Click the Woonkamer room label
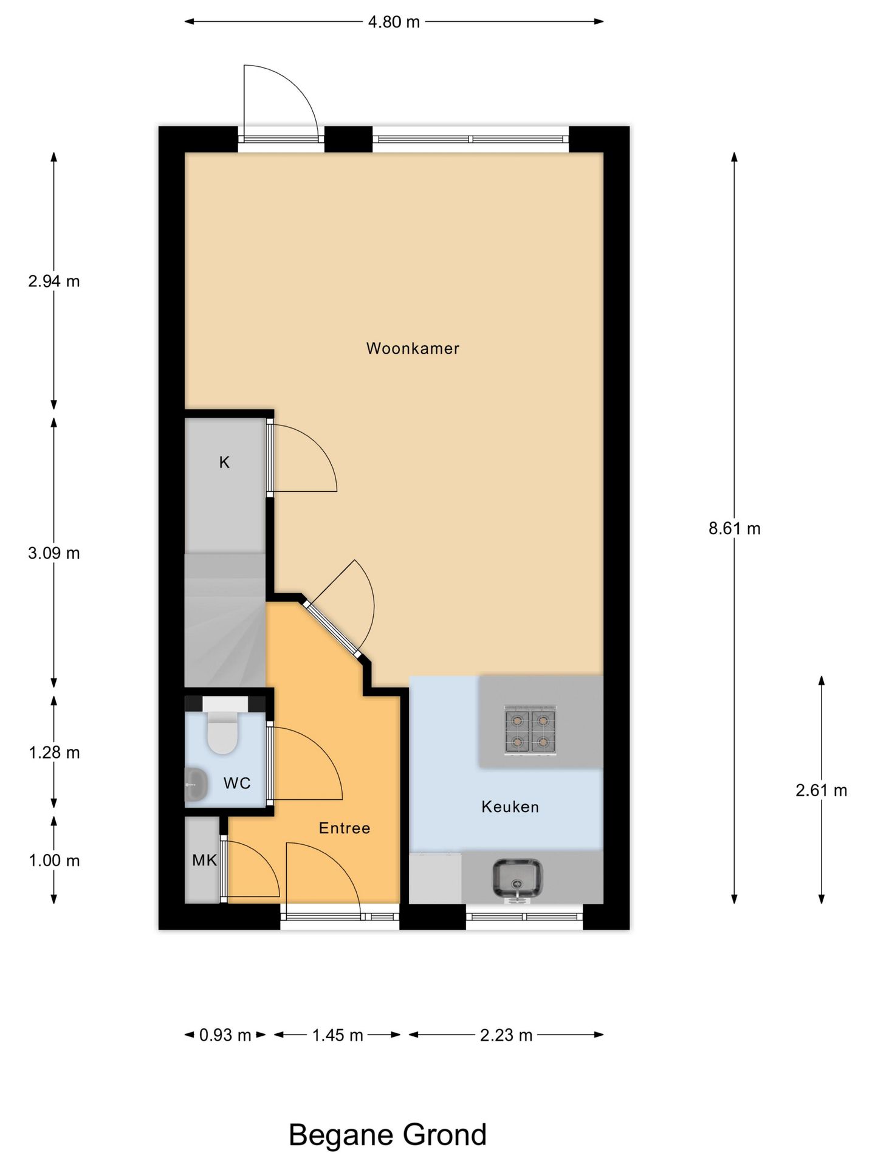pyautogui.click(x=413, y=348)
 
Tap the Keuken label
pyautogui.click(x=510, y=807)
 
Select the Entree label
pyautogui.click(x=345, y=828)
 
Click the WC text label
pyautogui.click(x=237, y=783)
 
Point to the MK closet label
pyautogui.click(x=204, y=860)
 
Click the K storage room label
pyautogui.click(x=224, y=463)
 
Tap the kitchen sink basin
pyautogui.click(x=517, y=878)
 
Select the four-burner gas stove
pyautogui.click(x=530, y=731)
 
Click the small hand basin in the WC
pyautogui.click(x=196, y=784)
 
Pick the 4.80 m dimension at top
pyautogui.click(x=394, y=22)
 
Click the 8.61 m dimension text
pyautogui.click(x=734, y=528)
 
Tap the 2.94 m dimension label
pyautogui.click(x=54, y=281)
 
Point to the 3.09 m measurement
pyautogui.click(x=54, y=553)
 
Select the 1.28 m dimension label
pyautogui.click(x=54, y=752)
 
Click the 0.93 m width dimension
pyautogui.click(x=225, y=1034)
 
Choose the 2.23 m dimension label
pyautogui.click(x=506, y=1034)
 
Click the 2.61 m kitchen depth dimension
pyautogui.click(x=821, y=790)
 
